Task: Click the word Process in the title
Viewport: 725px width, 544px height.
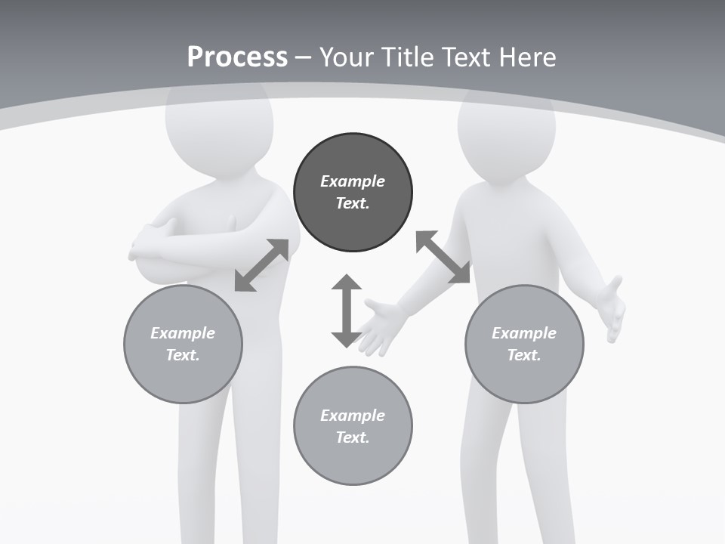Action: click(237, 57)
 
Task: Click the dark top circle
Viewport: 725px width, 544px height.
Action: click(353, 192)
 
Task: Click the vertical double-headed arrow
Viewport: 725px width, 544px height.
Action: click(347, 311)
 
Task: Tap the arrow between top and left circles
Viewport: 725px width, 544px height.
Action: click(261, 265)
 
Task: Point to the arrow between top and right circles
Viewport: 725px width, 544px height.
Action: click(443, 257)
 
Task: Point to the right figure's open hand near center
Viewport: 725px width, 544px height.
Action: click(381, 325)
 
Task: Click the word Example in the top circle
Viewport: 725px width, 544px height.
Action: click(353, 181)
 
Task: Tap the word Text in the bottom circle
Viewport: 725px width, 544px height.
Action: click(351, 437)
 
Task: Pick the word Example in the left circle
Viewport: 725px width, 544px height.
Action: click(183, 333)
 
